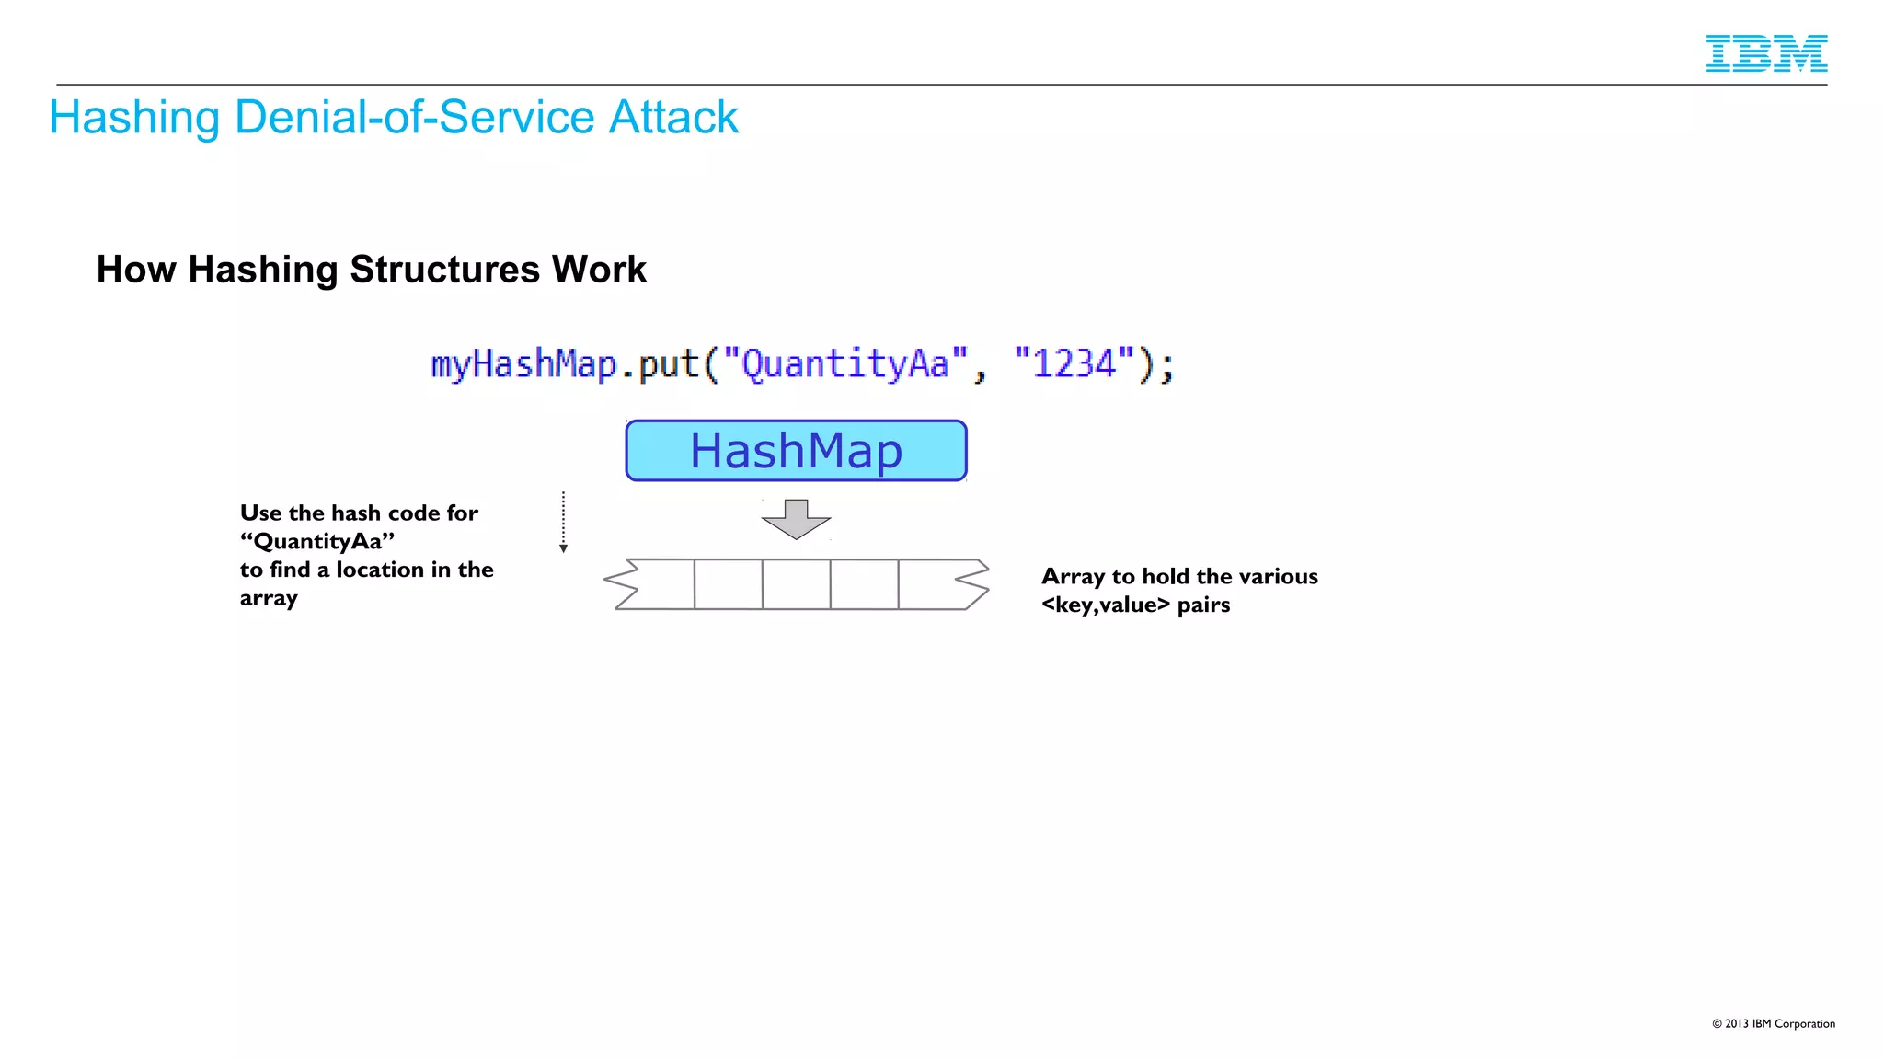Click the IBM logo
[1765, 53]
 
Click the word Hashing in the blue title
[133, 118]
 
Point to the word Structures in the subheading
[444, 270]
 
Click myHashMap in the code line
[523, 364]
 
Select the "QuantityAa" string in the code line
[845, 364]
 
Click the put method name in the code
[669, 364]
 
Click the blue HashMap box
[796, 451]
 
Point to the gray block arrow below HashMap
[796, 519]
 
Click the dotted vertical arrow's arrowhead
[563, 548]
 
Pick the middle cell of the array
[796, 584]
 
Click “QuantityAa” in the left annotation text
[317, 541]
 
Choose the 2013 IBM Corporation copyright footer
[1773, 1023]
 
